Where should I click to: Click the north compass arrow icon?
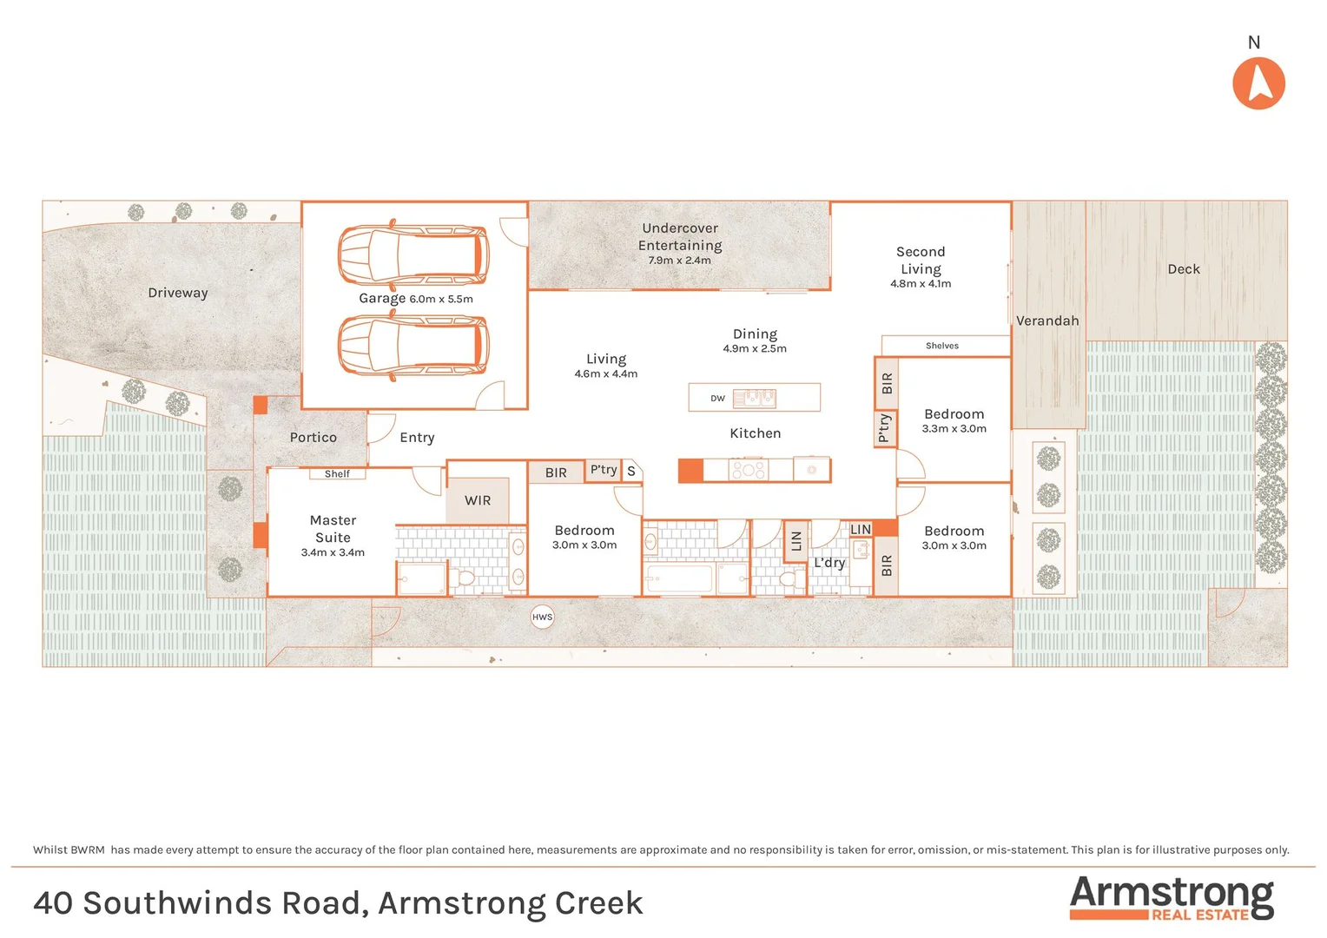pyautogui.click(x=1258, y=83)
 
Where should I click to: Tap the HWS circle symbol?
pyautogui.click(x=542, y=618)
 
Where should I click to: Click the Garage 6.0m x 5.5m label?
pyautogui.click(x=415, y=298)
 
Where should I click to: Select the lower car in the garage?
pyautogui.click(x=413, y=345)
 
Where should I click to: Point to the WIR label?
pyautogui.click(x=478, y=500)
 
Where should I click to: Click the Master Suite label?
pyautogui.click(x=333, y=529)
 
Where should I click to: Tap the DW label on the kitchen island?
pyautogui.click(x=717, y=399)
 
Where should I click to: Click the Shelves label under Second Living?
pyautogui.click(x=941, y=346)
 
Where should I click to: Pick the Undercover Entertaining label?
pyautogui.click(x=680, y=237)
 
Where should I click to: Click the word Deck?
pyautogui.click(x=1183, y=269)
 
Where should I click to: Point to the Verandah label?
pyautogui.click(x=1047, y=320)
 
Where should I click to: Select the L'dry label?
pyautogui.click(x=829, y=563)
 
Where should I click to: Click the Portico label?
pyautogui.click(x=313, y=438)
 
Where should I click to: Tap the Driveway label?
pyautogui.click(x=178, y=293)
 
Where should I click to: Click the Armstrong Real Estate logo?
pyautogui.click(x=1171, y=897)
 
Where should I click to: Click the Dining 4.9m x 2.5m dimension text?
pyautogui.click(x=754, y=348)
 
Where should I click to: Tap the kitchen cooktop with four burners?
pyautogui.click(x=748, y=470)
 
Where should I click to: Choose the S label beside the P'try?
pyautogui.click(x=631, y=472)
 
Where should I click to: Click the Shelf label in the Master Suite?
pyautogui.click(x=337, y=474)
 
